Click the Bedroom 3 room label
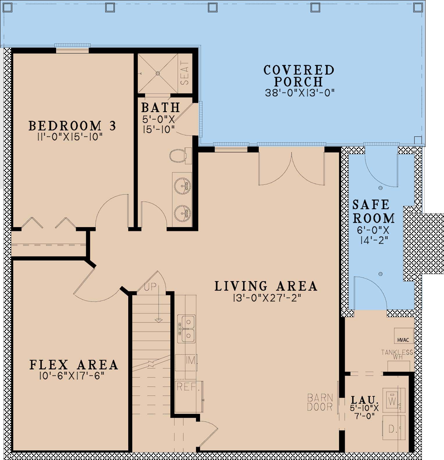point(72,126)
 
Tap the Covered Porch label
point(299,76)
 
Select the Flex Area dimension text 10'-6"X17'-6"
point(72,376)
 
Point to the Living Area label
point(266,286)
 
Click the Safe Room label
point(374,211)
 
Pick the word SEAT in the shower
point(185,73)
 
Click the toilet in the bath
point(178,156)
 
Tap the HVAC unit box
point(404,336)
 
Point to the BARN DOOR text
point(320,402)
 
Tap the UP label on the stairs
point(150,287)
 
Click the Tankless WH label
point(397,354)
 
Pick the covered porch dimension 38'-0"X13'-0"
point(300,93)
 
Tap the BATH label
point(161,107)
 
